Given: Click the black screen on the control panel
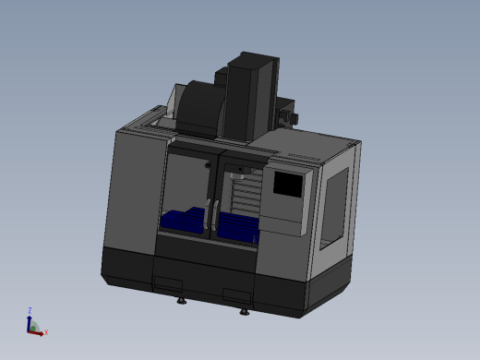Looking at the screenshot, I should (x=288, y=186).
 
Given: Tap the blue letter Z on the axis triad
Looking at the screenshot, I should (x=30, y=311).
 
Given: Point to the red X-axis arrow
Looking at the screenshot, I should (x=39, y=330).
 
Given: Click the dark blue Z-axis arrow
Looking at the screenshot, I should (x=30, y=321).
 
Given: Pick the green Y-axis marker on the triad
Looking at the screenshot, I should (x=33, y=326).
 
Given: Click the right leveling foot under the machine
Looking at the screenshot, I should (x=244, y=311).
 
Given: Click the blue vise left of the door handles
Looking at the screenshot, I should (x=182, y=220).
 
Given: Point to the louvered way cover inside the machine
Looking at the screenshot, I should (x=247, y=197).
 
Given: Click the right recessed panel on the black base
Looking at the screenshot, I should (x=237, y=296).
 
